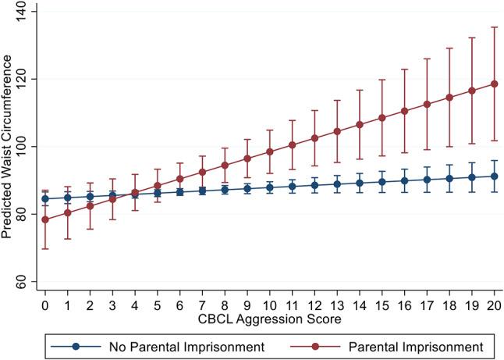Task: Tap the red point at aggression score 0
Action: [44, 219]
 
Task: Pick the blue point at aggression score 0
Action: [44, 198]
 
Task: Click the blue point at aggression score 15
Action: [382, 182]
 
